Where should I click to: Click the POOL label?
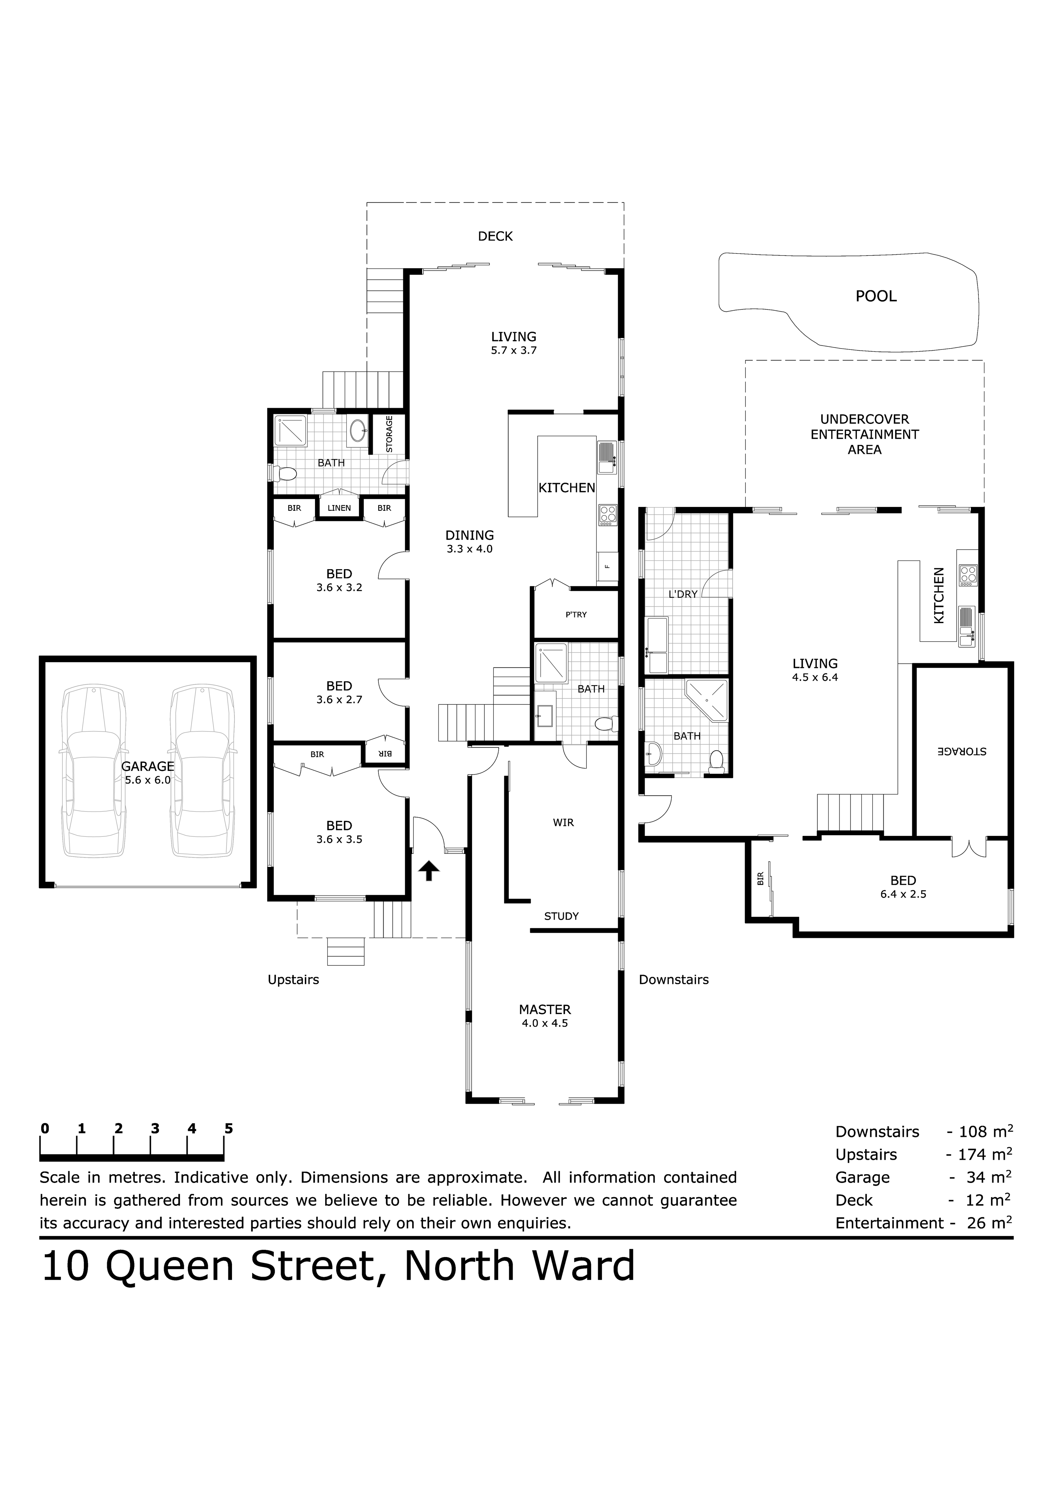pos(876,297)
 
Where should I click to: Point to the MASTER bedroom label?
pos(545,1010)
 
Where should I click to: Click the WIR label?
pos(563,823)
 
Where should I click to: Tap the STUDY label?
pos(561,916)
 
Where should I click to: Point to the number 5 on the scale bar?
pos(228,1128)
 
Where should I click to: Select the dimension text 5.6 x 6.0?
pos(148,780)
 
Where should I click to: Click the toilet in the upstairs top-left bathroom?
pos(286,474)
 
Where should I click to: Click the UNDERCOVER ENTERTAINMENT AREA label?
pos(865,434)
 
